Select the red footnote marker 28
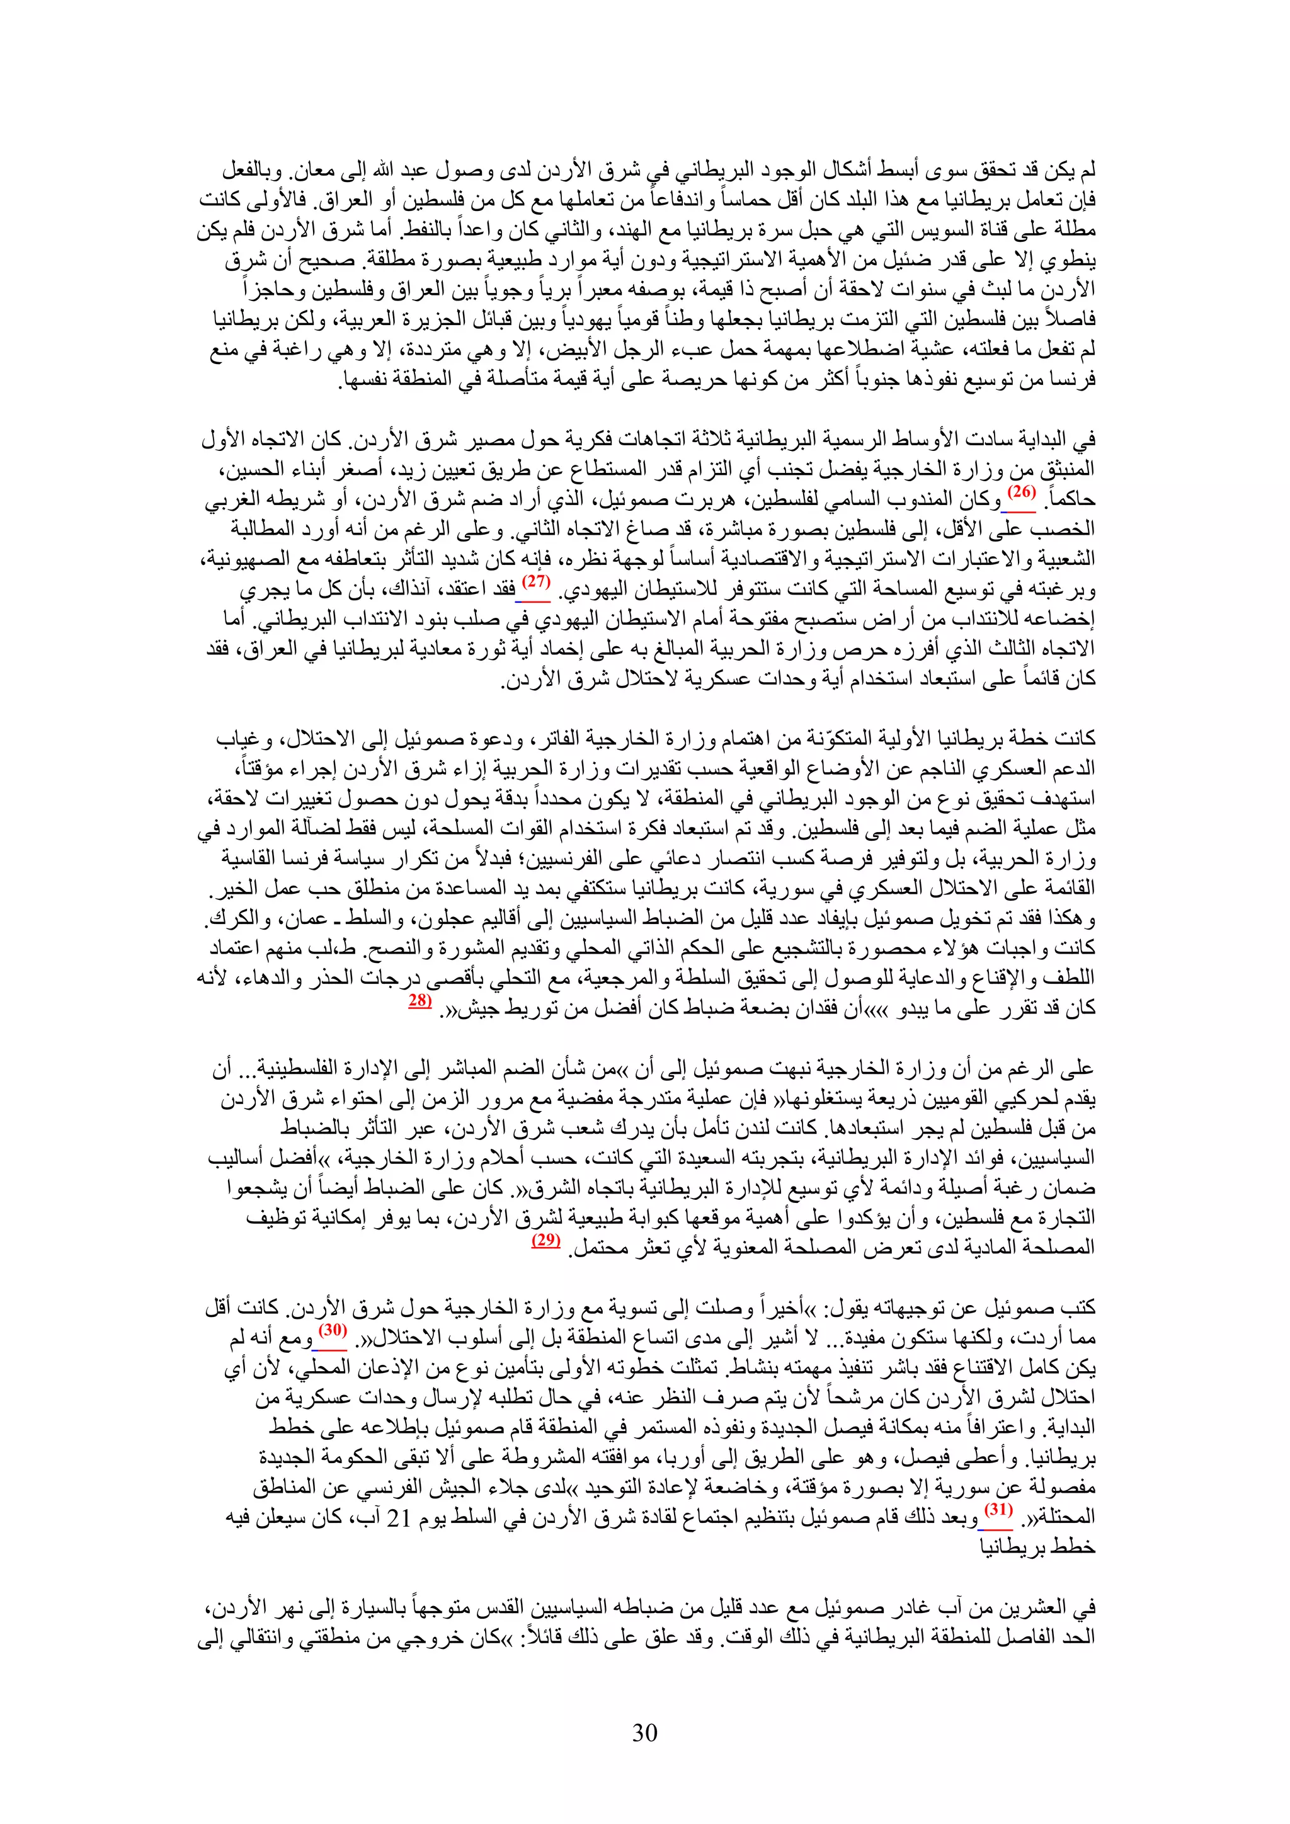tap(420, 1002)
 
